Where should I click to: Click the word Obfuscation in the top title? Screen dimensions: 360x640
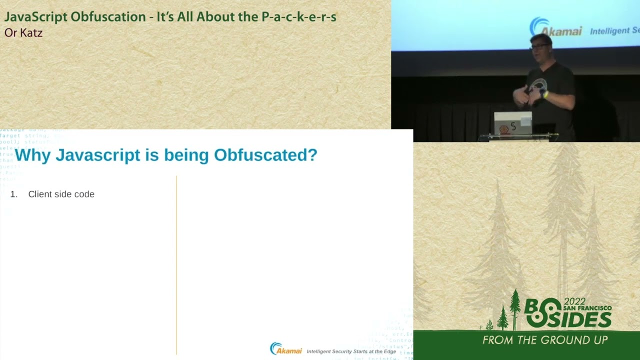108,16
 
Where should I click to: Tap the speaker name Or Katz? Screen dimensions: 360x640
23,33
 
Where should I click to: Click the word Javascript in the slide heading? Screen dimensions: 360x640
97,155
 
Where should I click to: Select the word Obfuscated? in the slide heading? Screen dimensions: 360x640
265,155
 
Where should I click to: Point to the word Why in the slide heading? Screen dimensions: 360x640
33,155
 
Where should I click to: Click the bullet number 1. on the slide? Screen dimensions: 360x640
14,194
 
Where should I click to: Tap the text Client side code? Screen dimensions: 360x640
61,194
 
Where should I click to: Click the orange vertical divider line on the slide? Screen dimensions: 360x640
176,265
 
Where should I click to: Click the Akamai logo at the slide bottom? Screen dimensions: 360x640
286,348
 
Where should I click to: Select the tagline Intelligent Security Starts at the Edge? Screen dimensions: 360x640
351,351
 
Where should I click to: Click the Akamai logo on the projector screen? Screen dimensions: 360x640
556,28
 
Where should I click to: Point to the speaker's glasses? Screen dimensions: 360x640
539,46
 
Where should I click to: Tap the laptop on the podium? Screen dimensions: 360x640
512,123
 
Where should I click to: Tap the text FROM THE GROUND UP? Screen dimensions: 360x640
545,340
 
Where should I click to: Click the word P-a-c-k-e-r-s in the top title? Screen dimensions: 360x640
298,16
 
